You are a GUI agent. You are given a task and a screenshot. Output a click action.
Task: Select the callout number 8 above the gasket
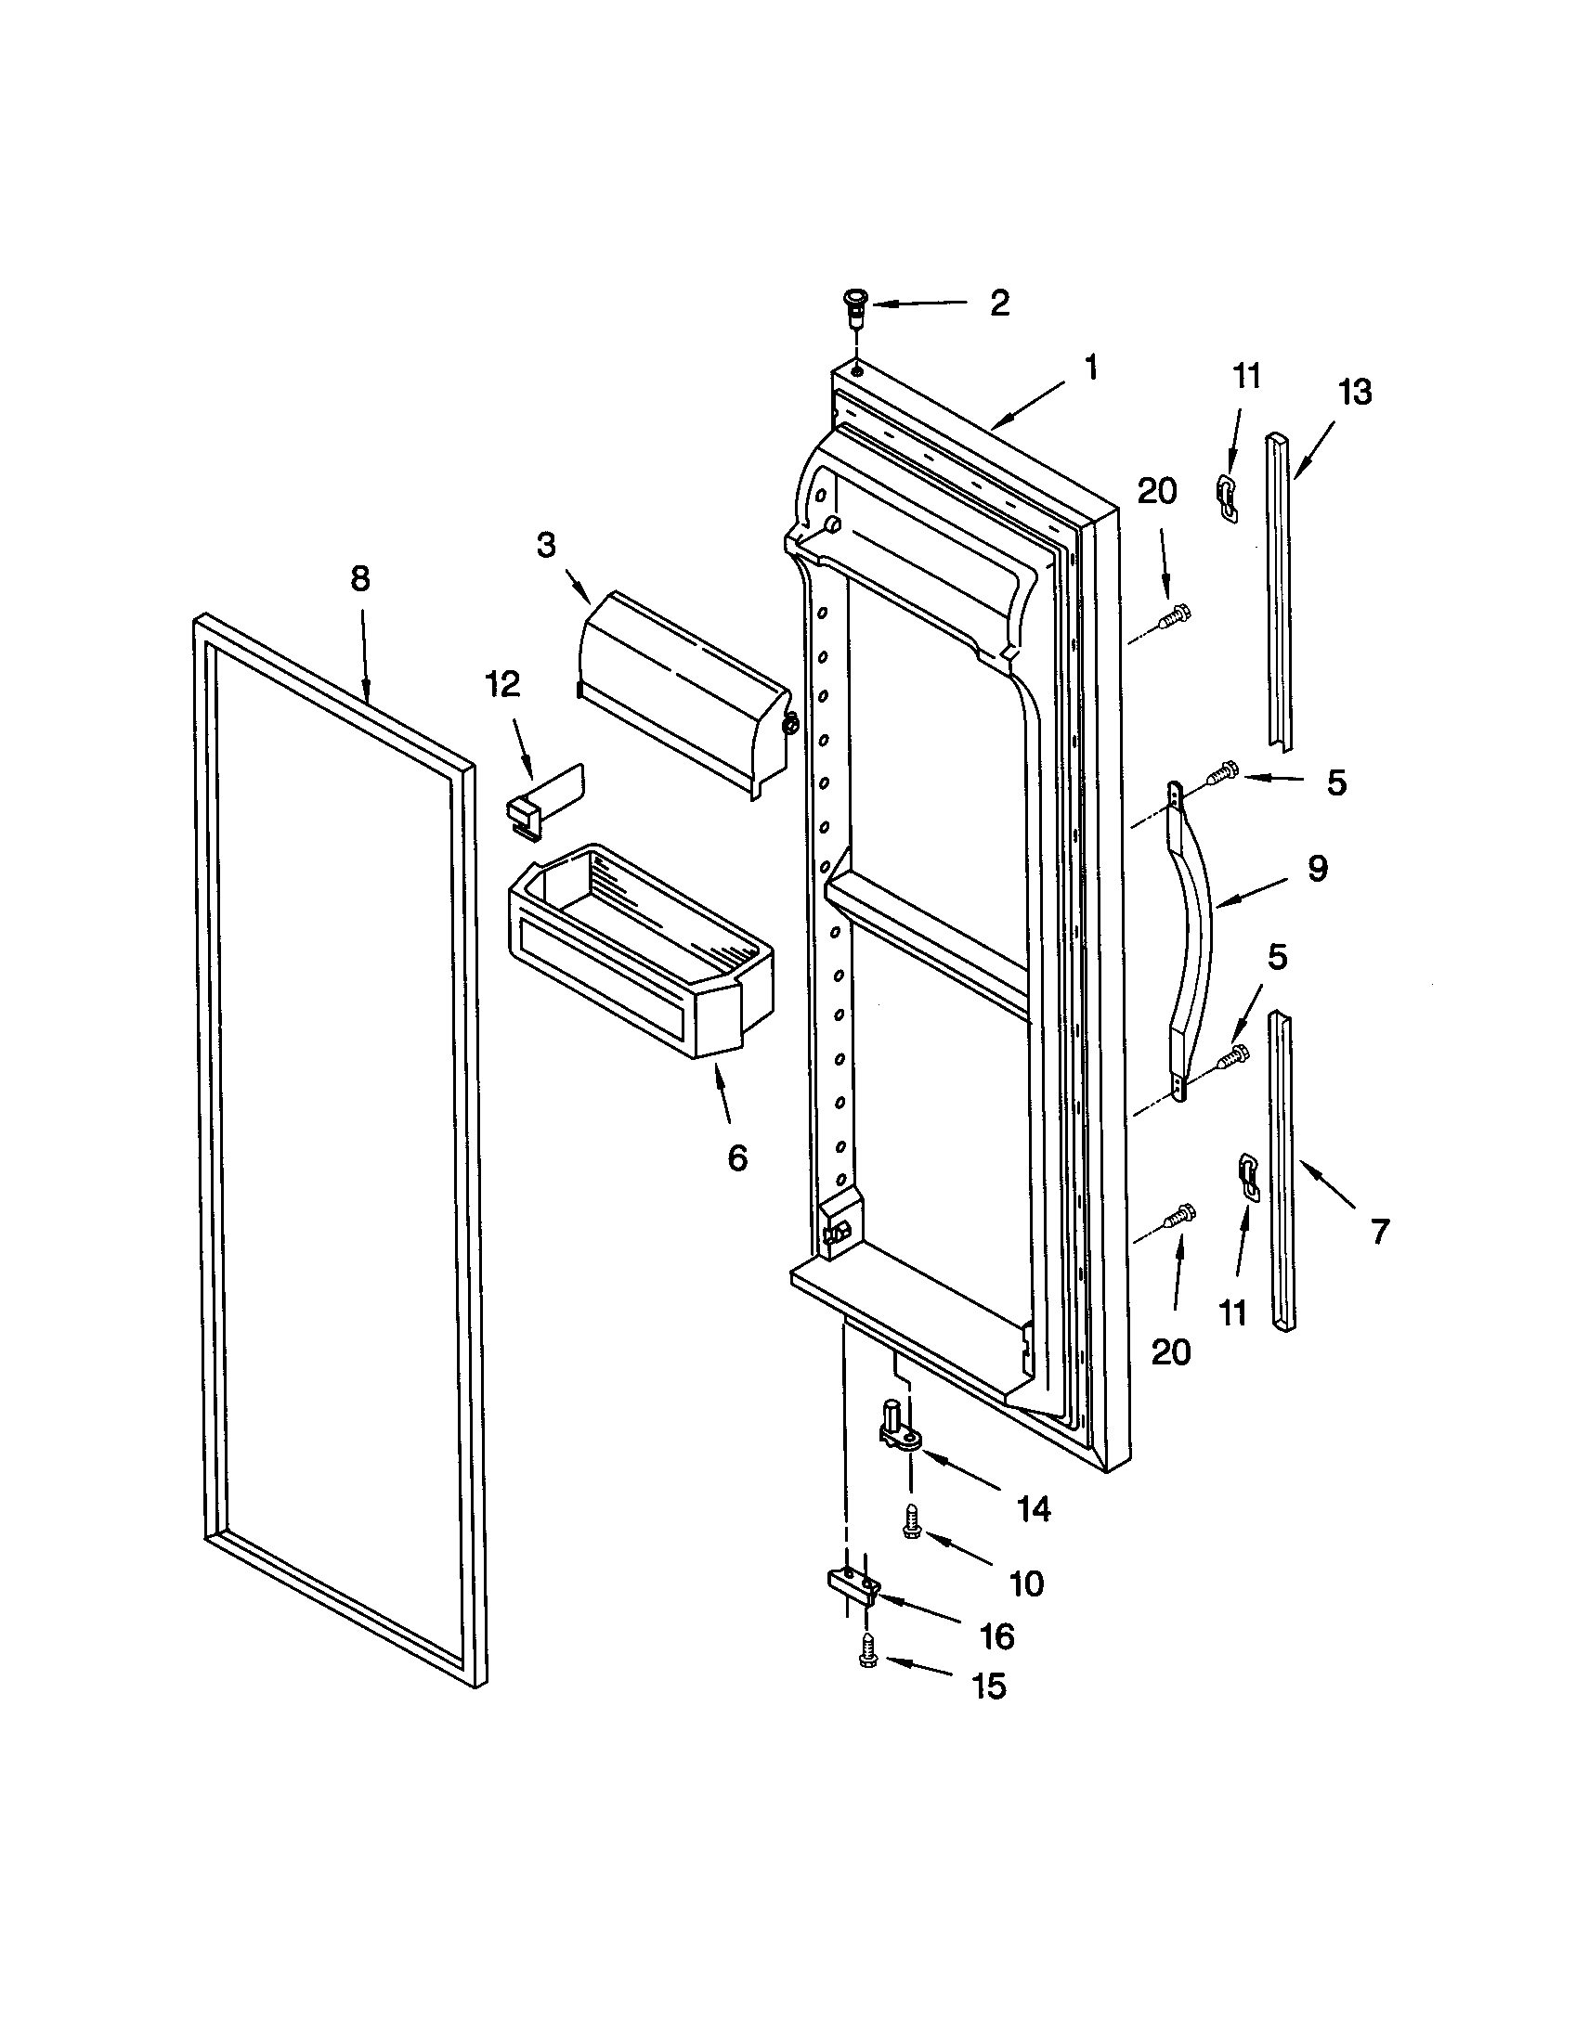[359, 579]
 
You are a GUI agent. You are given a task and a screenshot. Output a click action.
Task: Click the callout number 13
[1355, 392]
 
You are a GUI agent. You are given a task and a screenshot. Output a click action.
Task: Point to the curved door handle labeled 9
[1193, 944]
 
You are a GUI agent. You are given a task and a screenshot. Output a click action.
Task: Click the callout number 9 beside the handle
[1317, 869]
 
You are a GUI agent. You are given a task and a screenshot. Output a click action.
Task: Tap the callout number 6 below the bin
[737, 1158]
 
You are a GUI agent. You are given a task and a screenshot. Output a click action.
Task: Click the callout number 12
[502, 684]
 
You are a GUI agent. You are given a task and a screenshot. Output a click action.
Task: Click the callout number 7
[1380, 1231]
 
